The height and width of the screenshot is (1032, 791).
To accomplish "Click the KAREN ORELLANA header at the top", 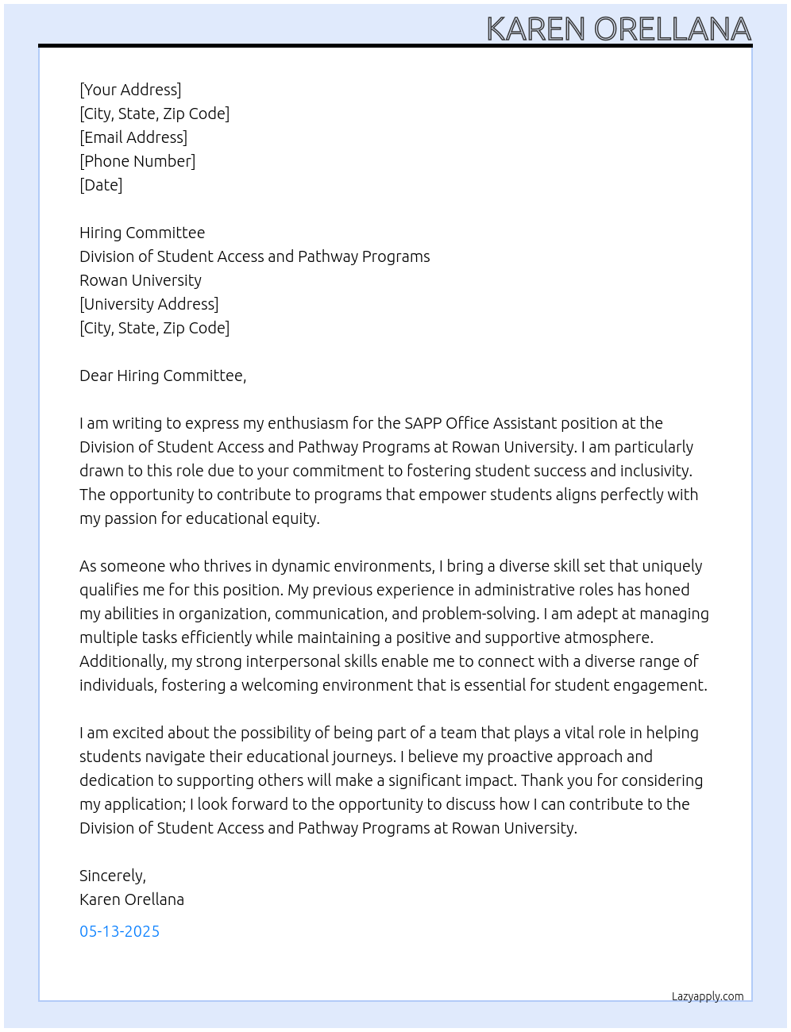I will [x=618, y=29].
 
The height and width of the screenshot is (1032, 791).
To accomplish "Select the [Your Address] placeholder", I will [x=130, y=90].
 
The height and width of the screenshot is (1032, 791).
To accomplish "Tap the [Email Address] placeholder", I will [x=133, y=137].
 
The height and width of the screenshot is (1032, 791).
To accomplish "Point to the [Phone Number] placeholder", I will [x=137, y=161].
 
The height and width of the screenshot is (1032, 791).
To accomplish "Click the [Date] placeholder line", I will [x=101, y=185].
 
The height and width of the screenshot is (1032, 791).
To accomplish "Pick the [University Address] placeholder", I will [x=149, y=304].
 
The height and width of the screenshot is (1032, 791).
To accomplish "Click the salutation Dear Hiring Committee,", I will [x=163, y=375].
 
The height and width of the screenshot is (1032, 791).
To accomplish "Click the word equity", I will [x=296, y=518].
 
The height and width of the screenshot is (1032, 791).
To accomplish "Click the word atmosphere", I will [x=608, y=637].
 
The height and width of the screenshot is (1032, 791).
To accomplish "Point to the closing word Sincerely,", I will [x=113, y=876].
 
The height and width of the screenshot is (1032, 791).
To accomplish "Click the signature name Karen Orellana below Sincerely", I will [x=132, y=899].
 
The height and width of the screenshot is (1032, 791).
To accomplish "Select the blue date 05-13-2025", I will [x=119, y=931].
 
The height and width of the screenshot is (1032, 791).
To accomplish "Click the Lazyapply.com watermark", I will [x=708, y=996].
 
